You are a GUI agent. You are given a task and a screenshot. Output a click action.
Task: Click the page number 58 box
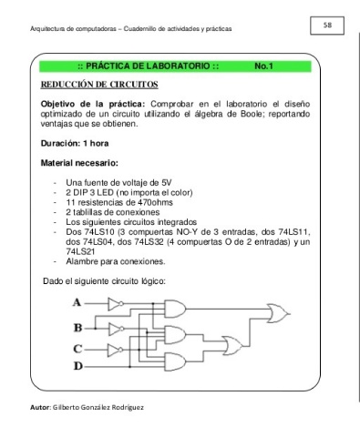327,25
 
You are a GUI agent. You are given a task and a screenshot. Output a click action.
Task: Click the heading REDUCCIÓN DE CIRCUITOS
99,85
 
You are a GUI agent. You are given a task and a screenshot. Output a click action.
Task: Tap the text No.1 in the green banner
263,66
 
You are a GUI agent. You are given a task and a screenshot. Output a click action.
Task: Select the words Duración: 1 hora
75,143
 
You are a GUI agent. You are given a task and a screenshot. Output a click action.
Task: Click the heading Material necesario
79,163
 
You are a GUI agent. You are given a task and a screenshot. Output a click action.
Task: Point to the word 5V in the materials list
167,183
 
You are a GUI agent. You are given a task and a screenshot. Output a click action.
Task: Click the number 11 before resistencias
70,202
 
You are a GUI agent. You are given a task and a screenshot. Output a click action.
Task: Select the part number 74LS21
80,251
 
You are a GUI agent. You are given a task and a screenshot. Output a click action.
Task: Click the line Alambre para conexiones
116,261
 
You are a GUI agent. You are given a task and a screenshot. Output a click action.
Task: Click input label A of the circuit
77,302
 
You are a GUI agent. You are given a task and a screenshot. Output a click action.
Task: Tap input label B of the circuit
77,328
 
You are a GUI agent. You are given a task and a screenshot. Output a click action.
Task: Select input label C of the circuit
77,349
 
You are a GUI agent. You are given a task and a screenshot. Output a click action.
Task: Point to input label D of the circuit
78,366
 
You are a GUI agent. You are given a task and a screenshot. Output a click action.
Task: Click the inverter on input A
116,304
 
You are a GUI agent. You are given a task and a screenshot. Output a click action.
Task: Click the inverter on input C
116,350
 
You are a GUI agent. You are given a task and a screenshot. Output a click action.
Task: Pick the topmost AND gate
175,309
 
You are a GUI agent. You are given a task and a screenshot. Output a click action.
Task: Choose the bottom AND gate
175,361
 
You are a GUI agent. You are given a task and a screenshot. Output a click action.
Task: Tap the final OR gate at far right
278,313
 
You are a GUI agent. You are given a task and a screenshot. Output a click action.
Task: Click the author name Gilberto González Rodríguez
98,407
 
